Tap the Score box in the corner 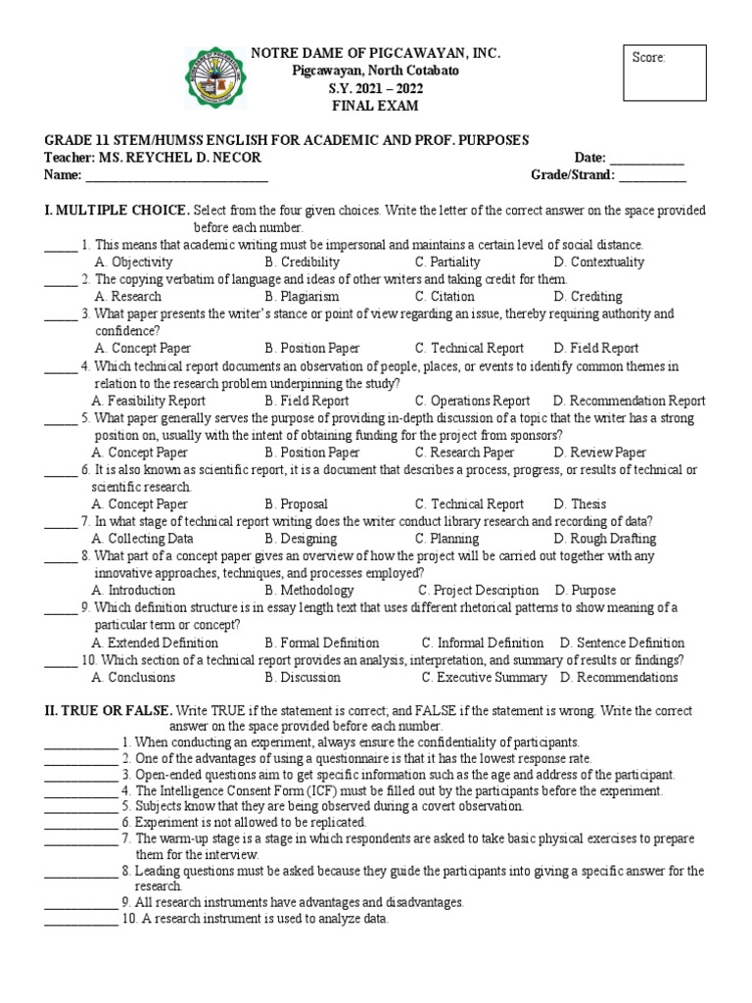coord(665,72)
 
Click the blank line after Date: coord(647,160)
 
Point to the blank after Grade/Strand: coord(652,176)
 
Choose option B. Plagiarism coord(302,296)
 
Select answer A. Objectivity coord(133,262)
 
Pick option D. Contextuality coord(598,262)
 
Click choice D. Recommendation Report coord(629,401)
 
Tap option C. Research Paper coord(464,453)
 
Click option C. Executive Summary coord(484,677)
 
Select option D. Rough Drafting coord(604,539)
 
